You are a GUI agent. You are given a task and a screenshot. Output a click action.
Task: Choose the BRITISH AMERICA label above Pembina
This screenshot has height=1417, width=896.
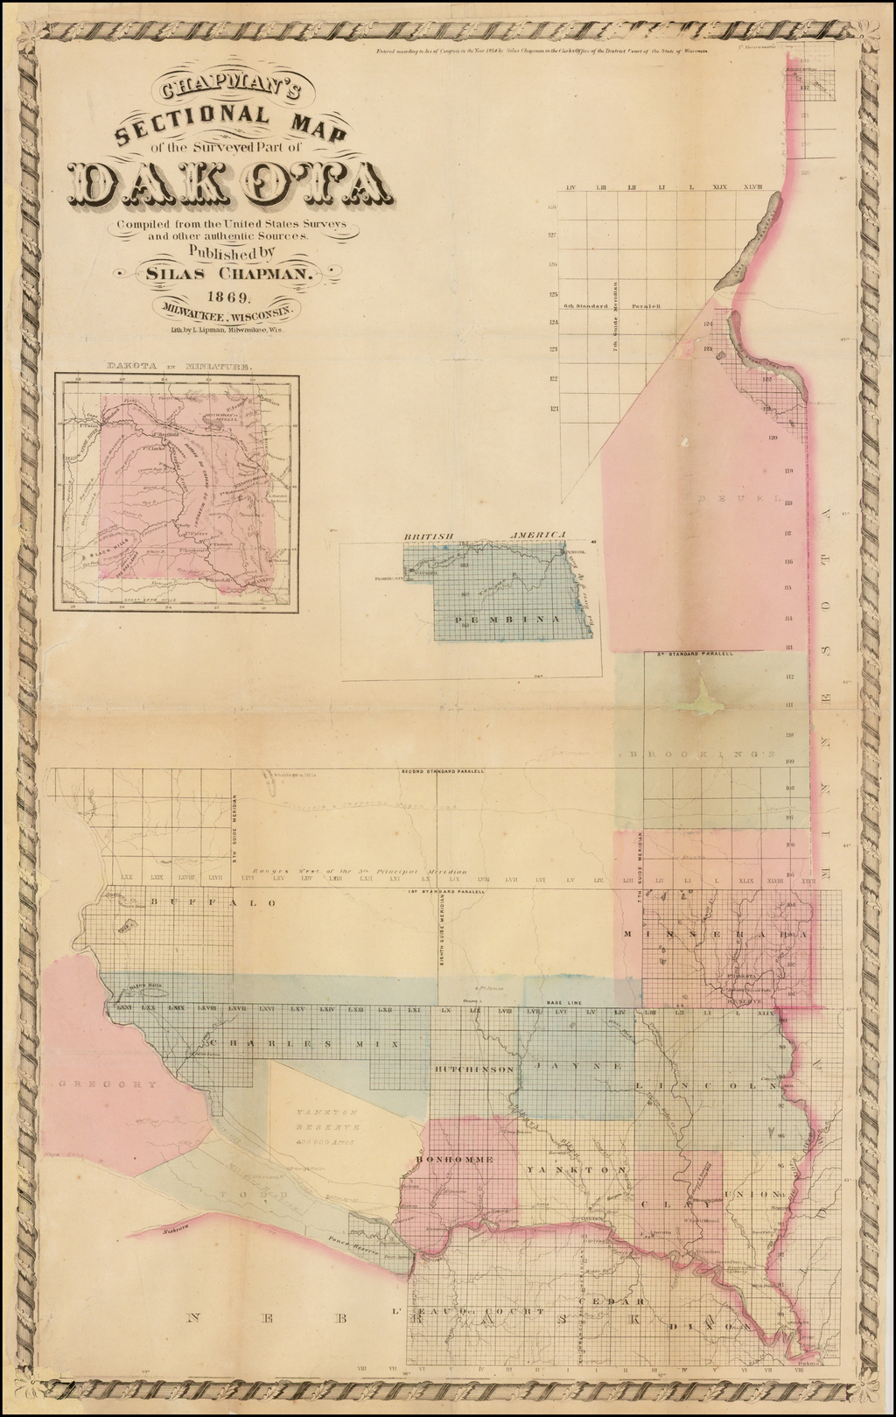pos(486,534)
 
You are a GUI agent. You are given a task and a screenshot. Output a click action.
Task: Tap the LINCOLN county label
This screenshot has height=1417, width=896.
pos(707,1086)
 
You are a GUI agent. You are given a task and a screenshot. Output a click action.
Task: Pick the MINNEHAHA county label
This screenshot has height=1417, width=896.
pos(715,935)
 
